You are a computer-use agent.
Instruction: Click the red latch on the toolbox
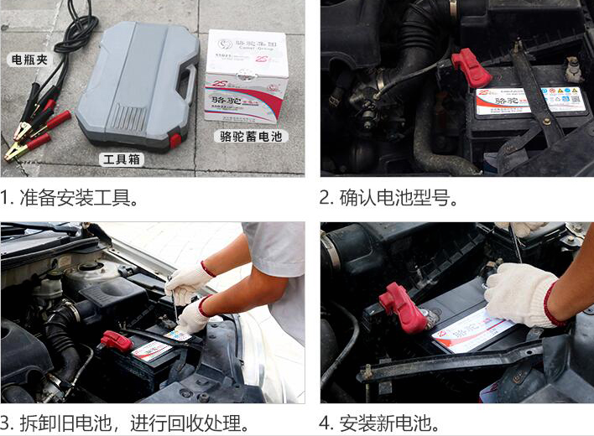click(175, 140)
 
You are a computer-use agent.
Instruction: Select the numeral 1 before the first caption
click(5, 199)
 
